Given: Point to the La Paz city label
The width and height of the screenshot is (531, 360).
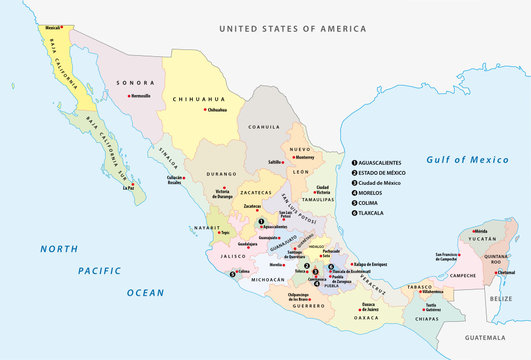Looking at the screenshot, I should pyautogui.click(x=127, y=187).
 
